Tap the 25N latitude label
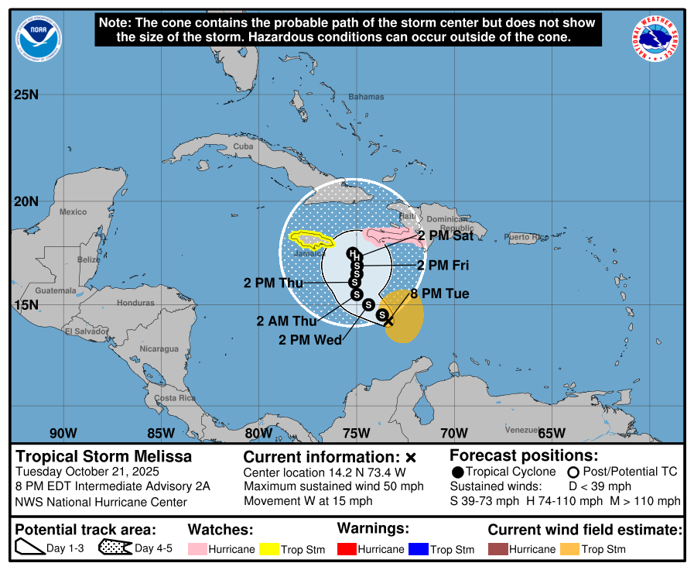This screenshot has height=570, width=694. click(26, 94)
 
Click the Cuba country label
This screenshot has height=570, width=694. click(243, 146)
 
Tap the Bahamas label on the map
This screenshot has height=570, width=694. click(365, 97)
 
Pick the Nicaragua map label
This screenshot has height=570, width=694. click(159, 349)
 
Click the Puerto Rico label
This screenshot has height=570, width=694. click(525, 237)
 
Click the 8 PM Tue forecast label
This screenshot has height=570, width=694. click(439, 294)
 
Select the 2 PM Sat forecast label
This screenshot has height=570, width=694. click(446, 235)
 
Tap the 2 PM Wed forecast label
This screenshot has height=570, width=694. click(310, 339)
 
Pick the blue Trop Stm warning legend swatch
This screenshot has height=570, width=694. click(419, 549)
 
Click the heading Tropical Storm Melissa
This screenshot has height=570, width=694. click(104, 457)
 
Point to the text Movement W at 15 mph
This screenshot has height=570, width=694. click(308, 500)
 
